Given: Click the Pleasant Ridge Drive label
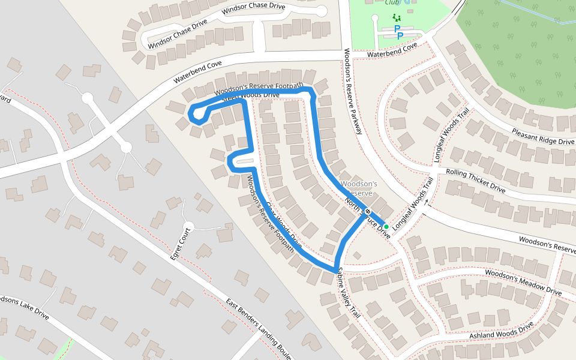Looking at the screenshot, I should (542, 136).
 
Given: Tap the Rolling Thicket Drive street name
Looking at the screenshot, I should (475, 180).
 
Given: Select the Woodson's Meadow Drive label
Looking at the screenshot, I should (523, 282).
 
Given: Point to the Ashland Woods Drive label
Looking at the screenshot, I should (502, 331).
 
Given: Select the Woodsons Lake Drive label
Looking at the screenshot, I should (24, 307).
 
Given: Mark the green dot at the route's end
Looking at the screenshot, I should (386, 226).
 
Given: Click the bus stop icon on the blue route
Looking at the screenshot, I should (367, 211).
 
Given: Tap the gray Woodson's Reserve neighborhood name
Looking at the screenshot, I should (358, 188).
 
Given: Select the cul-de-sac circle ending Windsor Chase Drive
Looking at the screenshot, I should (322, 11).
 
